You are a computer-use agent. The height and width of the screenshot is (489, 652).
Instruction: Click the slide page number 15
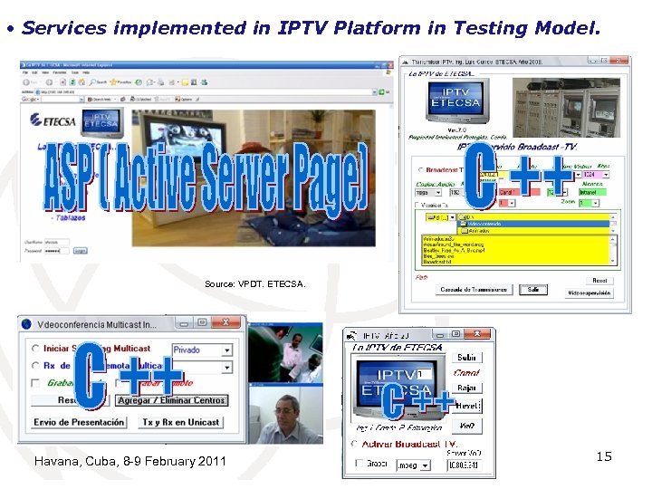click(x=603, y=456)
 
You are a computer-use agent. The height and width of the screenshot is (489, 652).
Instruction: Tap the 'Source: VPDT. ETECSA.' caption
click(x=255, y=284)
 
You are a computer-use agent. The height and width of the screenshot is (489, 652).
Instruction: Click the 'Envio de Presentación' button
click(x=80, y=423)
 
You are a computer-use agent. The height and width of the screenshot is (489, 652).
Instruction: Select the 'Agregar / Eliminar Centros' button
click(x=172, y=400)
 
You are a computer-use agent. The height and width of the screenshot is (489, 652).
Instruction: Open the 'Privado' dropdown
click(x=201, y=350)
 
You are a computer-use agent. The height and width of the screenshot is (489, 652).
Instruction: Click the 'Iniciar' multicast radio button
click(x=35, y=349)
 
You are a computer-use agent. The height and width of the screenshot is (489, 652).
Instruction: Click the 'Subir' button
click(x=466, y=357)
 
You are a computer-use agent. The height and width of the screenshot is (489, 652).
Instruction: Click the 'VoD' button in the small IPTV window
click(x=466, y=426)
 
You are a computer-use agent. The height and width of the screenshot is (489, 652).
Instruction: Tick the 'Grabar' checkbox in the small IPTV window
click(x=354, y=465)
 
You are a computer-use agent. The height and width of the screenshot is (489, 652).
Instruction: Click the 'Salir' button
click(x=533, y=290)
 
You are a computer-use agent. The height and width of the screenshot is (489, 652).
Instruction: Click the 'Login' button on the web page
click(x=81, y=251)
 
